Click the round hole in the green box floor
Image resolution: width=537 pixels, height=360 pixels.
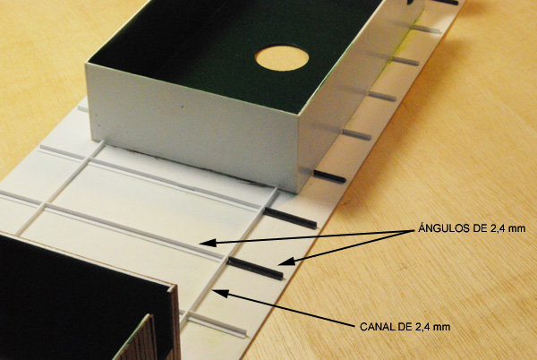pyautogui.click(x=282, y=58)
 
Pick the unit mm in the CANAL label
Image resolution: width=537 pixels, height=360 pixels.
pyautogui.click(x=441, y=327)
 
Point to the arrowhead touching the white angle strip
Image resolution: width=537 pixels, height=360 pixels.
pyautogui.click(x=208, y=243)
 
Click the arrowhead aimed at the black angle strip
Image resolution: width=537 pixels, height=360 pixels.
pyautogui.click(x=286, y=261)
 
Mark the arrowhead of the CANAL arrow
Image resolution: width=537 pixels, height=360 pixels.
pyautogui.click(x=221, y=293)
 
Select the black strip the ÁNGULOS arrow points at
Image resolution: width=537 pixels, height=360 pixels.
pyautogui.click(x=256, y=269)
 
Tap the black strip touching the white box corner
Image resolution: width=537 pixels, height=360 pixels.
pyautogui.click(x=328, y=176)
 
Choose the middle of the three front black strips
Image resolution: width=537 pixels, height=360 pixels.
pyautogui.click(x=290, y=219)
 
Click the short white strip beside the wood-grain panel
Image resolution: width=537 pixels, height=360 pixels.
pyautogui.click(x=217, y=324)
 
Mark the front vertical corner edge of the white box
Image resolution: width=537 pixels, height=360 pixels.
pyautogui.click(x=297, y=154)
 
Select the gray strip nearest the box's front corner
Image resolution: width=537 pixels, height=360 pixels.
pyautogui.click(x=356, y=134)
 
